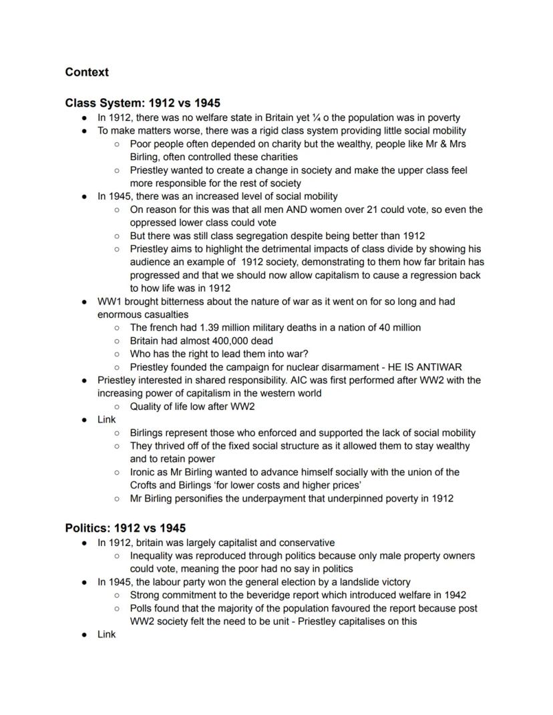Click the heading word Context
pyautogui.click(x=87, y=72)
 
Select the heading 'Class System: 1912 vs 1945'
pyautogui.click(x=142, y=103)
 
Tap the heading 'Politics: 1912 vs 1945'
pyautogui.click(x=125, y=528)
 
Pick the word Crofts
pyautogui.click(x=145, y=485)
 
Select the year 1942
pyautogui.click(x=453, y=595)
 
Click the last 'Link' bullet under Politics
pyautogui.click(x=107, y=634)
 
